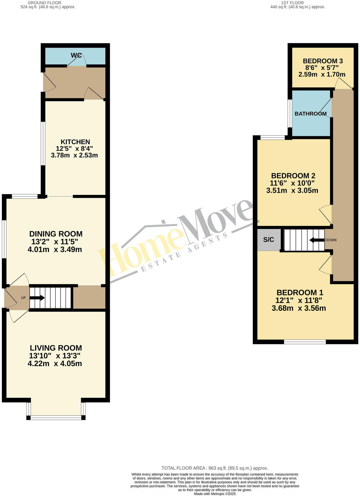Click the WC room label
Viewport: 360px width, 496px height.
click(x=76, y=55)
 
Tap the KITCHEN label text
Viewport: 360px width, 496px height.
click(x=75, y=142)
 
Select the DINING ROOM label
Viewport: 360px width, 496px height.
click(x=56, y=234)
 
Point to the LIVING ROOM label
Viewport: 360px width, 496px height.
click(x=56, y=348)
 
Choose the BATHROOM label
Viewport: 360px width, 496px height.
click(x=310, y=114)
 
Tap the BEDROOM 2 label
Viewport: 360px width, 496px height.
click(x=293, y=176)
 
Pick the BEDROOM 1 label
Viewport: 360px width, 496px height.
click(x=300, y=293)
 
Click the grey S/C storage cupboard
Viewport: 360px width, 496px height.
click(x=269, y=240)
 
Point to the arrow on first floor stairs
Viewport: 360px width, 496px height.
click(x=316, y=240)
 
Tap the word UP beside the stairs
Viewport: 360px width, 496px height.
click(x=23, y=298)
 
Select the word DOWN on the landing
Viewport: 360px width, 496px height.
click(x=331, y=240)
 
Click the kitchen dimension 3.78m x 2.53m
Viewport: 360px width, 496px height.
click(x=74, y=155)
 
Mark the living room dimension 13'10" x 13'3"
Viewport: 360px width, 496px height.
click(x=55, y=356)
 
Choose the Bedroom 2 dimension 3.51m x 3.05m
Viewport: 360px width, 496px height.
click(x=292, y=191)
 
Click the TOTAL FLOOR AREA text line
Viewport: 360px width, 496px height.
click(x=215, y=468)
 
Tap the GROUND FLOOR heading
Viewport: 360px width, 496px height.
click(x=44, y=3)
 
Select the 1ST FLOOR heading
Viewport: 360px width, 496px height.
click(x=296, y=3)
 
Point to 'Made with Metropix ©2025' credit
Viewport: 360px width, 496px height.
click(x=215, y=494)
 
